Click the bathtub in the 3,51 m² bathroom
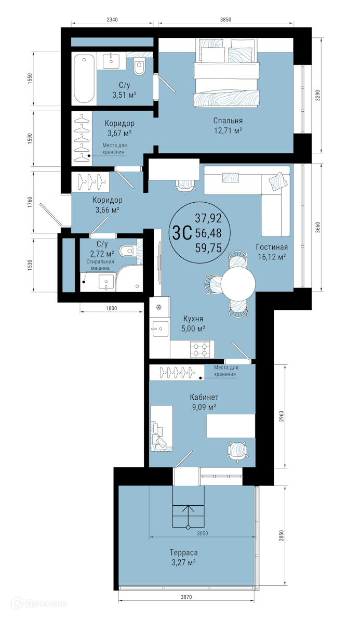[84, 79]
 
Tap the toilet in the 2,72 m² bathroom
[128, 250]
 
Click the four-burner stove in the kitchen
[201, 349]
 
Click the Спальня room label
[228, 121]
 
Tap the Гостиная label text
[272, 247]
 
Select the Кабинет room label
[204, 398]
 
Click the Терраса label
[183, 553]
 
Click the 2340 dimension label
[113, 19]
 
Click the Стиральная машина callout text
[100, 265]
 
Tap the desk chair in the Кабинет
[237, 450]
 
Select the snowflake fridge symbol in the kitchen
[159, 307]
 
